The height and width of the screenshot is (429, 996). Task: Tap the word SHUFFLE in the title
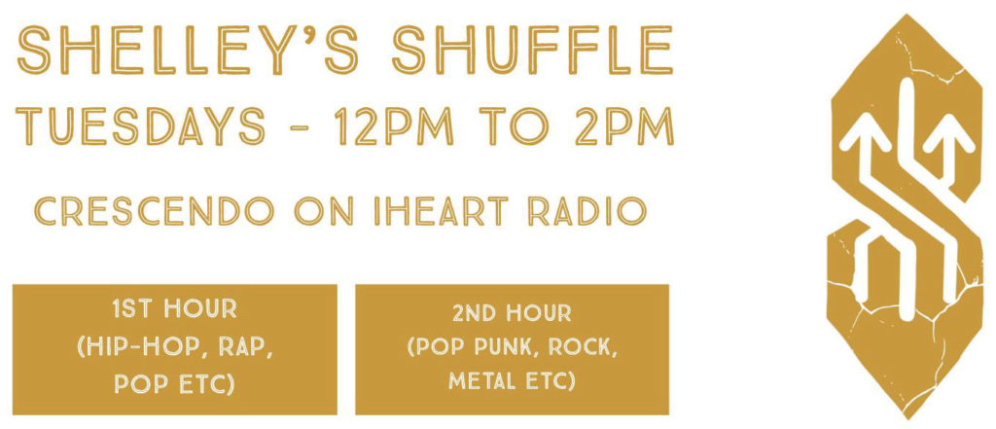[x=532, y=50]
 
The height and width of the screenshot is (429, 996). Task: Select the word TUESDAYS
[x=140, y=125]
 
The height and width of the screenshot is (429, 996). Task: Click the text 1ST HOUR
[x=174, y=309]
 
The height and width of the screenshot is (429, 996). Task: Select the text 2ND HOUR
[x=512, y=312]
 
